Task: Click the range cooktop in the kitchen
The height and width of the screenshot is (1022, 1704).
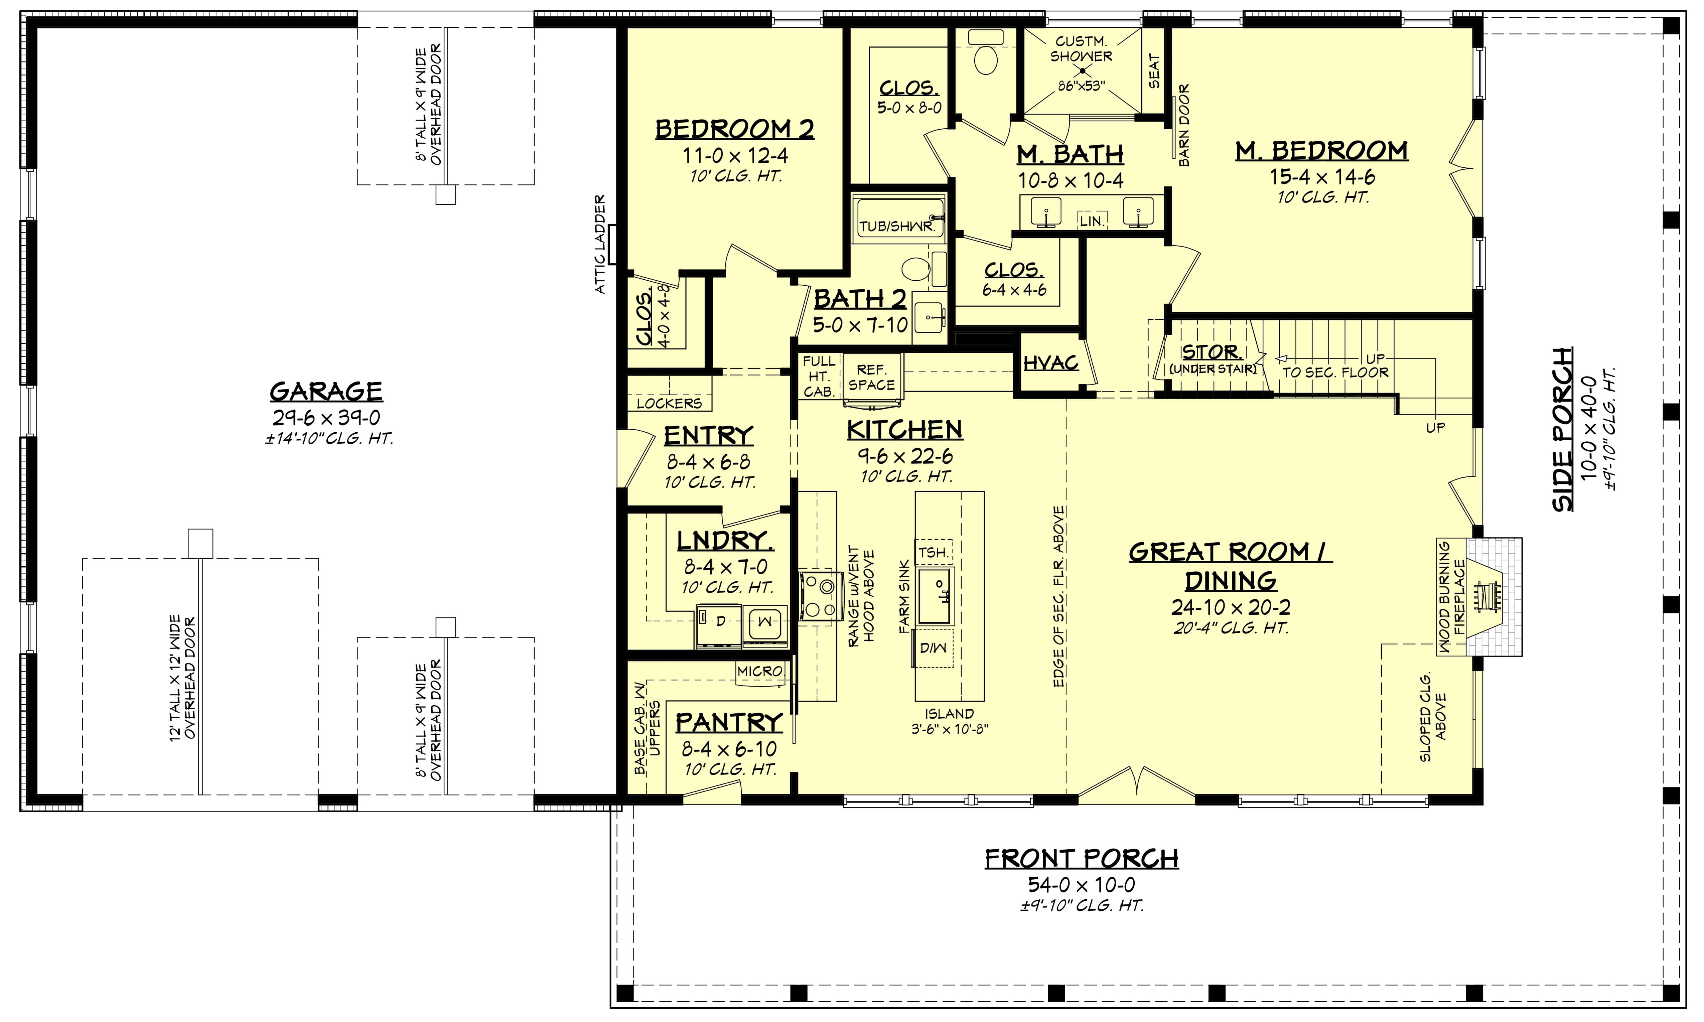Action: [821, 596]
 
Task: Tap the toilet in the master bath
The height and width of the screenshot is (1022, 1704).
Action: [986, 55]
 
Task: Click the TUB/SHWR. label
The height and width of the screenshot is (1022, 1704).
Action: [897, 226]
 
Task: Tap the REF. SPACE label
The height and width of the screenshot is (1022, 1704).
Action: [871, 378]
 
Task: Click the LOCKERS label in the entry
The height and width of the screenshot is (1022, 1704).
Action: [669, 403]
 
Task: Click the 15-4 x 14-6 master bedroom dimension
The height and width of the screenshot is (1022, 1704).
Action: [1322, 177]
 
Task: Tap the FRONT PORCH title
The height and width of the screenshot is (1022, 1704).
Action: [1081, 859]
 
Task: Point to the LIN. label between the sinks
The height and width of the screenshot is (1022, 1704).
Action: [1092, 221]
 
